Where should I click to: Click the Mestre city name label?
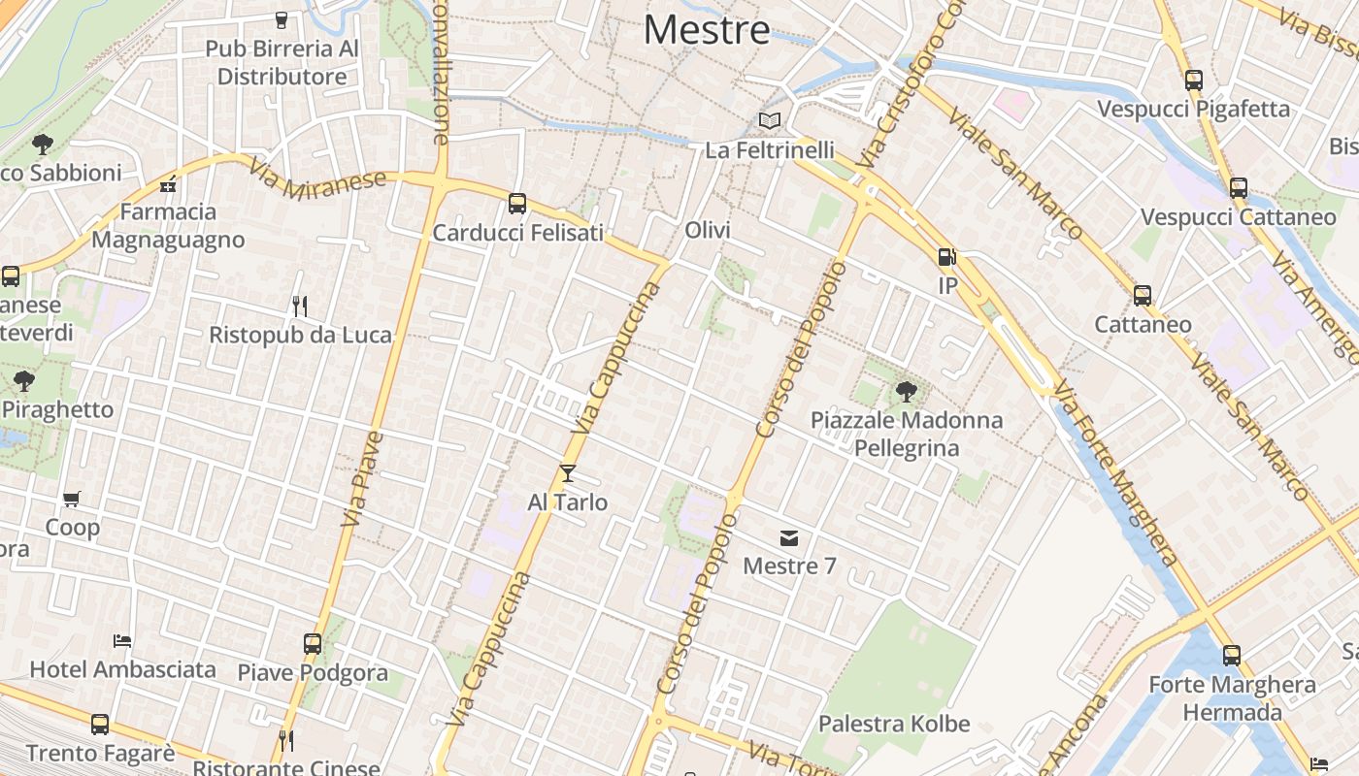coord(707,30)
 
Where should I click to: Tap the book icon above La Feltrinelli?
coord(770,121)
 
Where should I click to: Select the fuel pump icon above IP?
coord(946,257)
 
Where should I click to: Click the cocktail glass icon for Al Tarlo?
coord(568,473)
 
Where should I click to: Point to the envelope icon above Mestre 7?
coord(789,538)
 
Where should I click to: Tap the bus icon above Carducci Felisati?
coord(517,204)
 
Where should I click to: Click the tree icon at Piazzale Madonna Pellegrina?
coord(907,392)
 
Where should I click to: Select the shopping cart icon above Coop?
coord(72,500)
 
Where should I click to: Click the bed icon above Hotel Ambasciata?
coord(122,641)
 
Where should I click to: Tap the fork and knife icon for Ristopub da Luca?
coord(300,307)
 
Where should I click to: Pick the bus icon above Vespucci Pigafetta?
coord(1194,81)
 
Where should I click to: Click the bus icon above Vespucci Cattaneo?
coord(1239,188)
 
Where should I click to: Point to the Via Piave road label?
coord(362,480)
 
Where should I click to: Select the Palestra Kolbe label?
coord(893,724)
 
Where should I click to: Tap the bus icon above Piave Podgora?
coord(313,644)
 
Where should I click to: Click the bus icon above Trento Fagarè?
coord(100,725)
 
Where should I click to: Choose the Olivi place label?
coord(708,230)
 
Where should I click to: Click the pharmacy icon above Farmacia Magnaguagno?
coord(168,183)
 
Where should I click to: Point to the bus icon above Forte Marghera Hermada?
coord(1232,656)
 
